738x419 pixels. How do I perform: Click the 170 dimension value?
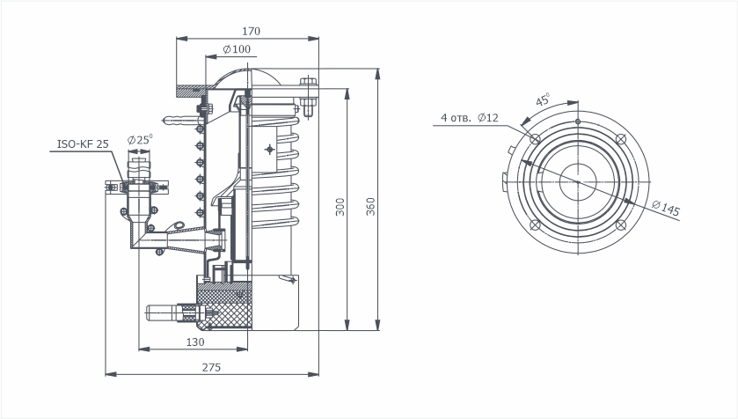click(x=251, y=31)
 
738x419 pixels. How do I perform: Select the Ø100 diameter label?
click(x=237, y=49)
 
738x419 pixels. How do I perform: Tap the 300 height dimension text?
click(x=340, y=207)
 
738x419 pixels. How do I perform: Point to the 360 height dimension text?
click(x=371, y=207)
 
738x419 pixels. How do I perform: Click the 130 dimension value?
click(x=195, y=342)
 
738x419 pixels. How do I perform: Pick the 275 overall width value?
click(x=211, y=367)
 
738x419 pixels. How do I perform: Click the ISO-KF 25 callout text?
click(x=83, y=144)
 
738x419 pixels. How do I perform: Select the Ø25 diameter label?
click(x=140, y=139)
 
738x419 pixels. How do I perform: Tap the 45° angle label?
click(x=543, y=99)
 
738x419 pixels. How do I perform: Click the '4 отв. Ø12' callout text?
click(x=469, y=118)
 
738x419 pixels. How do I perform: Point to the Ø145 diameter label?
click(x=666, y=208)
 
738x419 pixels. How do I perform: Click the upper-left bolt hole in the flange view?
click(x=535, y=139)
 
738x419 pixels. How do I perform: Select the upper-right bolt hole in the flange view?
click(x=621, y=139)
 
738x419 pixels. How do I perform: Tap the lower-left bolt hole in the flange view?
click(x=535, y=225)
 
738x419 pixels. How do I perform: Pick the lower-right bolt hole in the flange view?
click(x=621, y=225)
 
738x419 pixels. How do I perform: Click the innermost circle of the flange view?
click(x=578, y=164)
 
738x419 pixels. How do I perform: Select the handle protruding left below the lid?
click(x=179, y=120)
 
